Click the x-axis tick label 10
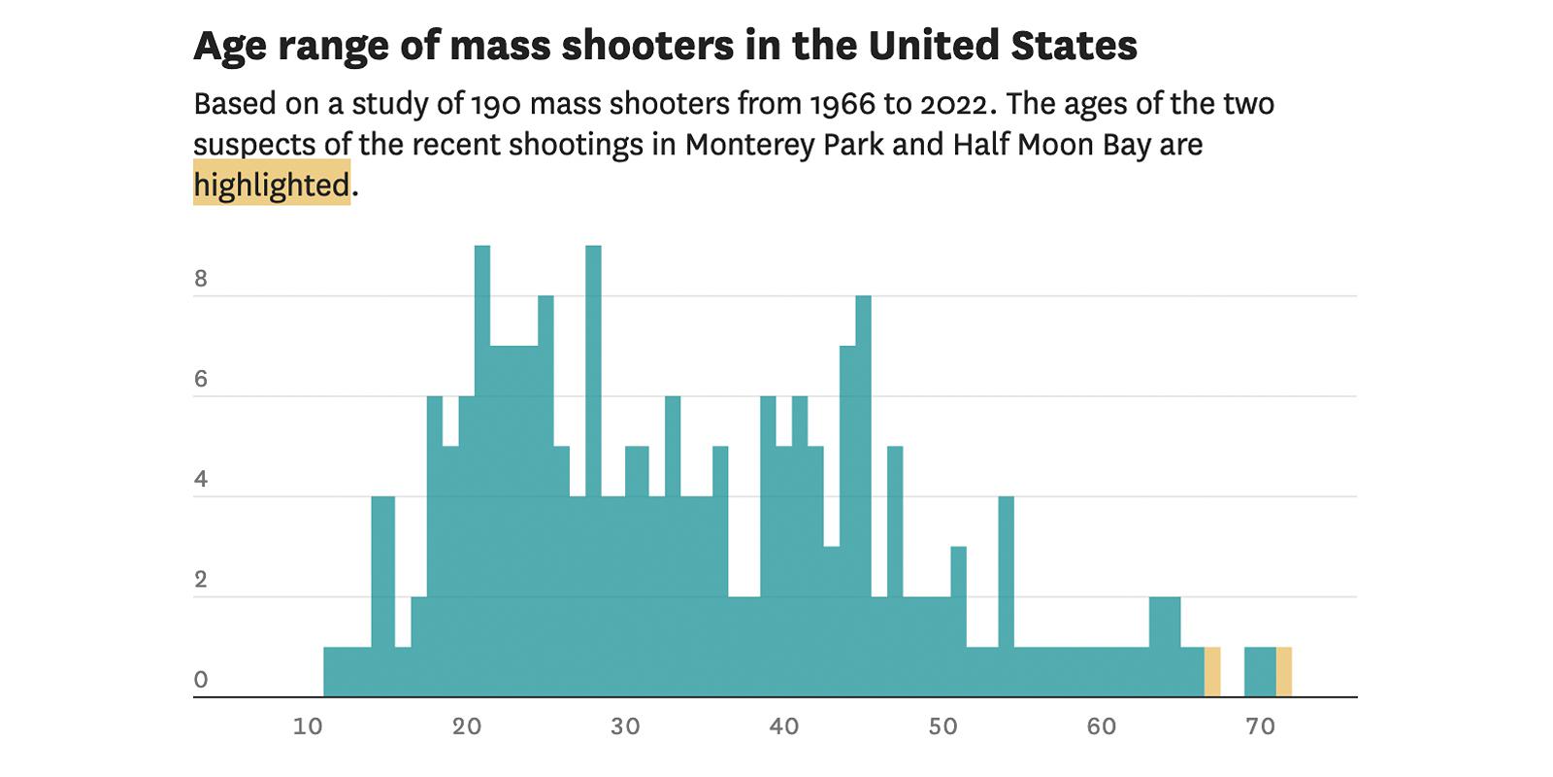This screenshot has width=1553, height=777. (x=308, y=726)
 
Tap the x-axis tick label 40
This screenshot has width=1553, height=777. (x=783, y=726)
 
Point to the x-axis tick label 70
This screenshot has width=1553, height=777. (x=1259, y=726)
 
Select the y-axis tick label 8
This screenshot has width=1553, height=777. (x=201, y=280)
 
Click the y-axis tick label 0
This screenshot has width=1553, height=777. (x=201, y=680)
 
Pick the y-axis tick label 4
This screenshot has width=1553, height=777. (x=201, y=480)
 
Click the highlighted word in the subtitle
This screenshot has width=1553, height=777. (x=272, y=185)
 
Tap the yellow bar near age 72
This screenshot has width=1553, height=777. (x=1283, y=672)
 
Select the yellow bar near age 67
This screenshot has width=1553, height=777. (x=1212, y=672)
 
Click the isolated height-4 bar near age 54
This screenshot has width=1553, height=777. (x=1007, y=583)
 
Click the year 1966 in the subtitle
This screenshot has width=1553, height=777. (x=855, y=103)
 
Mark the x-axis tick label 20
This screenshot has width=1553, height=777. (x=466, y=726)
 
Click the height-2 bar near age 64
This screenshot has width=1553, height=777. (x=1165, y=646)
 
